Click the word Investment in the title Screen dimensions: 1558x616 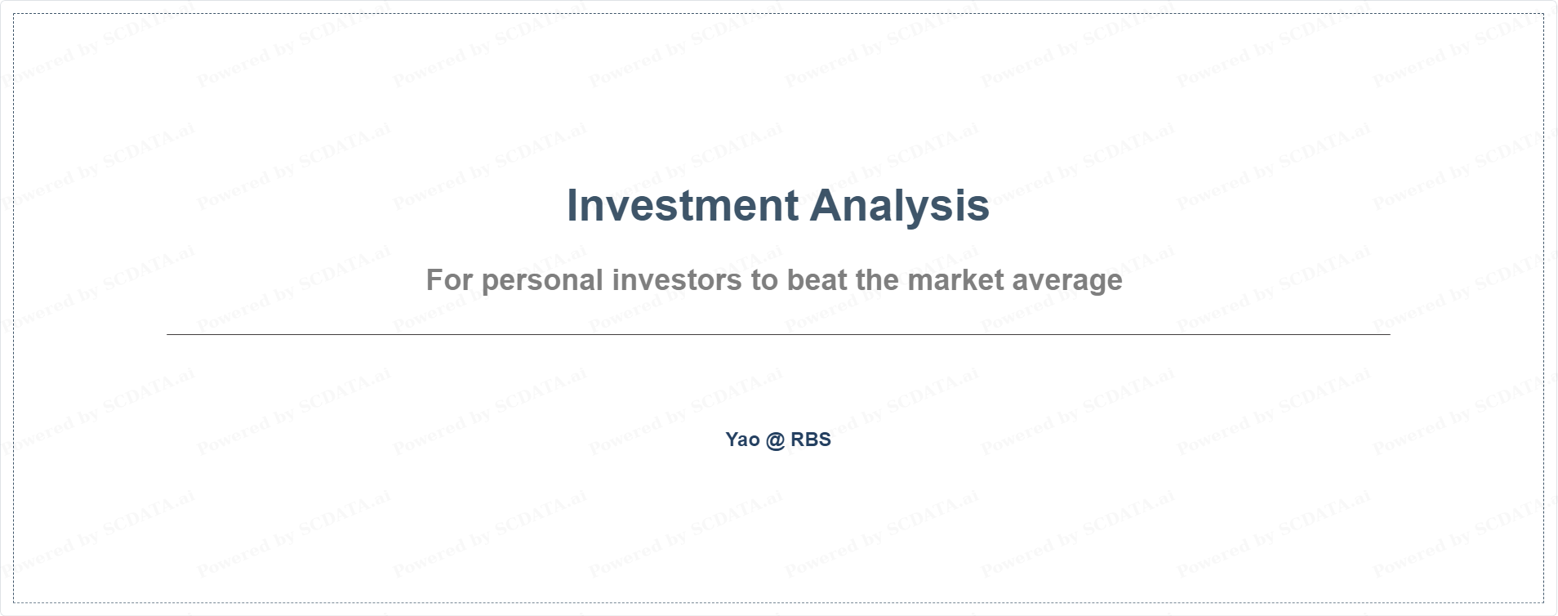click(x=683, y=205)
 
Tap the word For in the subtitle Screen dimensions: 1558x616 click(x=449, y=280)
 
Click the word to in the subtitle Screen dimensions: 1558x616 click(x=765, y=281)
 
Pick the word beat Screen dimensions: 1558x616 click(x=817, y=280)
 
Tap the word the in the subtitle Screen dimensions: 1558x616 click(x=877, y=280)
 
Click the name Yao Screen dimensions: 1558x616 click(x=743, y=440)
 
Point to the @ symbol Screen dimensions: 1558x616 click(x=776, y=440)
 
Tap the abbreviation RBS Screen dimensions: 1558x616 click(x=811, y=440)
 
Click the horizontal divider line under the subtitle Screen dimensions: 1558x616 click(x=778, y=334)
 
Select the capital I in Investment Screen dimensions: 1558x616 click(x=572, y=206)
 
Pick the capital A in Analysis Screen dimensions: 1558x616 click(x=827, y=206)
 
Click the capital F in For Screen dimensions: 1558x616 click(x=434, y=280)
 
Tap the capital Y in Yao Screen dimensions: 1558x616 click(x=732, y=440)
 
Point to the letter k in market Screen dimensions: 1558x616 click(x=973, y=280)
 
